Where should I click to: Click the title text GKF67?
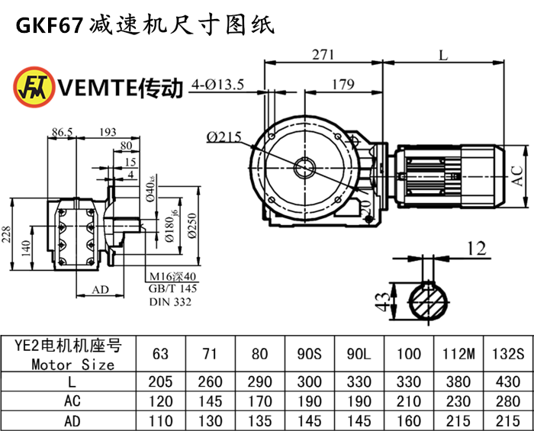[x=47, y=26]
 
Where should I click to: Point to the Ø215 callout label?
[x=223, y=137]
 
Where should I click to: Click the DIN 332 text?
[x=170, y=302]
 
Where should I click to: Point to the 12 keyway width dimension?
[x=477, y=247]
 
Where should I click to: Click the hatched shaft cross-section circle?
[x=433, y=300]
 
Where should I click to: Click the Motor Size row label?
[x=73, y=365]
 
